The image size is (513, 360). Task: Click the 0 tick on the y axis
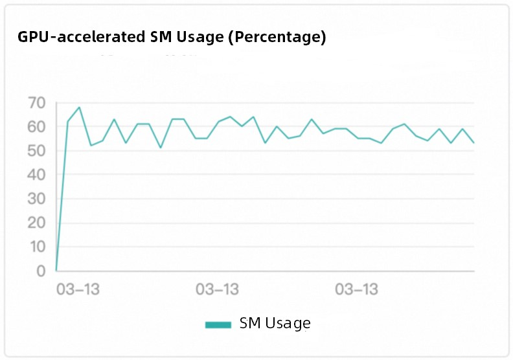[x=40, y=271]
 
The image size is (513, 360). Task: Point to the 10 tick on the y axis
[x=37, y=247]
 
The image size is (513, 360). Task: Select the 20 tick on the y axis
[x=37, y=223]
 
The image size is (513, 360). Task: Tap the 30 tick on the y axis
[x=37, y=199]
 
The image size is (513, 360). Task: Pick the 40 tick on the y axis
[x=37, y=175]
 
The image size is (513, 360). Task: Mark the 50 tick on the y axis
[x=37, y=151]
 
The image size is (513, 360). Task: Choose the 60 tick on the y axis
[x=37, y=127]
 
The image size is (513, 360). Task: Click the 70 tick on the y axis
[x=37, y=103]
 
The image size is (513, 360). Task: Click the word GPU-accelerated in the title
[x=78, y=38]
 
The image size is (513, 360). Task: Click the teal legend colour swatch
[x=218, y=324]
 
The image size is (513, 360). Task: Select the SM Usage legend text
[x=275, y=323]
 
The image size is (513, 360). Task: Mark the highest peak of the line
[x=79, y=107]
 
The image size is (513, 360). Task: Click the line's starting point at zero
[x=56, y=270]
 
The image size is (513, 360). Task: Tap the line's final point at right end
[x=474, y=142]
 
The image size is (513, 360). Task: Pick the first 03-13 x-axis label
[x=78, y=289]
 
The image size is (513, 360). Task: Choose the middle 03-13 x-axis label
[x=218, y=289]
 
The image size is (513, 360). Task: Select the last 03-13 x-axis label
[x=357, y=289]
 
